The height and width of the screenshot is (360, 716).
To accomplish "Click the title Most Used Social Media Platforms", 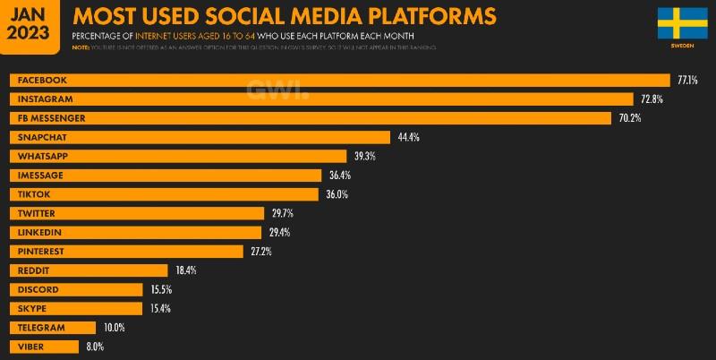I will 284,16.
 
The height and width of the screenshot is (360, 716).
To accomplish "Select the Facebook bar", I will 340,80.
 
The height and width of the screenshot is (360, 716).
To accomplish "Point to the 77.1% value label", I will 686,80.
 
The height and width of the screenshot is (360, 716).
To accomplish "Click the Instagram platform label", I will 44,99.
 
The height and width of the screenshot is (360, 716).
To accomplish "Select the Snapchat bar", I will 200,137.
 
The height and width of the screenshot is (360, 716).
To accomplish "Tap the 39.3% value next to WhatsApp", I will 364,156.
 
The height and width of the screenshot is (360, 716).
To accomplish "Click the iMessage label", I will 40,176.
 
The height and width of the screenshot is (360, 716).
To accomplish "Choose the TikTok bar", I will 165,194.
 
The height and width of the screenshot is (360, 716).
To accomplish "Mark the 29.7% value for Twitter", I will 282,213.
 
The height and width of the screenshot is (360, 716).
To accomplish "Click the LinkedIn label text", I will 39,233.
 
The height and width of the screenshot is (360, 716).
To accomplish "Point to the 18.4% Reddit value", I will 185,270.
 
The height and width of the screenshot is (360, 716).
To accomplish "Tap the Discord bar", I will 76,289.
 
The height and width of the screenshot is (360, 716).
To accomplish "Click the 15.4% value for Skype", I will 159,308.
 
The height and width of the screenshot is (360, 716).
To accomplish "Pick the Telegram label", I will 41,328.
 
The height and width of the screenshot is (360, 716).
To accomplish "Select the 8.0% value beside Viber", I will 95,347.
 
